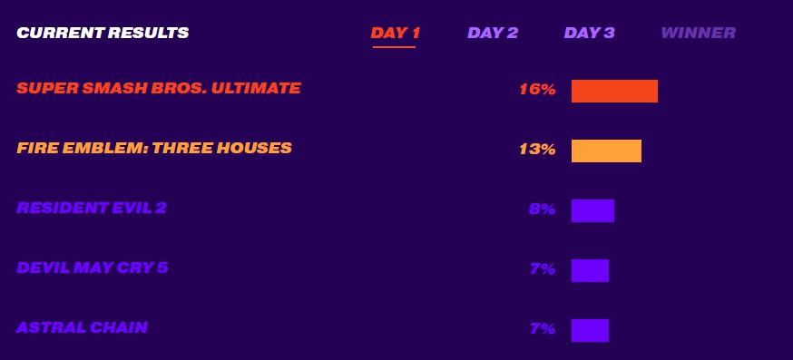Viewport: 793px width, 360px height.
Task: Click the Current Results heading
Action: (103, 33)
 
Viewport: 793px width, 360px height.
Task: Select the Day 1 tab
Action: (395, 33)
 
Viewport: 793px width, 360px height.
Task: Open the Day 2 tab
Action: (493, 33)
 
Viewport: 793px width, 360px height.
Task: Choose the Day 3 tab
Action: (589, 33)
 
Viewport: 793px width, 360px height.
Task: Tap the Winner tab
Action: (699, 33)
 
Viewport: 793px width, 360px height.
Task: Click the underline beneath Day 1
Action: (394, 47)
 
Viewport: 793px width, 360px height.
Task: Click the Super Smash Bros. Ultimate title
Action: (159, 89)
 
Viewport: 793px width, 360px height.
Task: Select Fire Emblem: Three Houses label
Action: (154, 148)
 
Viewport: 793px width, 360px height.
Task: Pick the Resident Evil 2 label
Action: (92, 208)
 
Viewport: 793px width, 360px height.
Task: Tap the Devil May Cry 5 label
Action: (92, 268)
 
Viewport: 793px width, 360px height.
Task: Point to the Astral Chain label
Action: (82, 327)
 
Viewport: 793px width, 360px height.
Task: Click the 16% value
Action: (538, 90)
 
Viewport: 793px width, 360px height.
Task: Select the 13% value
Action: (538, 150)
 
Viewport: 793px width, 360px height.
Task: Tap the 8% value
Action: (543, 209)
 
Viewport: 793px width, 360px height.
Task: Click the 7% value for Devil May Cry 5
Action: (543, 269)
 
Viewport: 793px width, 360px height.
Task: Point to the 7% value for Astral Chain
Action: (543, 328)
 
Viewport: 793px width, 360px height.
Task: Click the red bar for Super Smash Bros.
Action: (614, 91)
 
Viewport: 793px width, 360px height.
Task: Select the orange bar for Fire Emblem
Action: (606, 151)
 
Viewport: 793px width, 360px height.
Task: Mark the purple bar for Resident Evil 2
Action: (592, 211)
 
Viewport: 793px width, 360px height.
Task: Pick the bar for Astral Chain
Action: (590, 330)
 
